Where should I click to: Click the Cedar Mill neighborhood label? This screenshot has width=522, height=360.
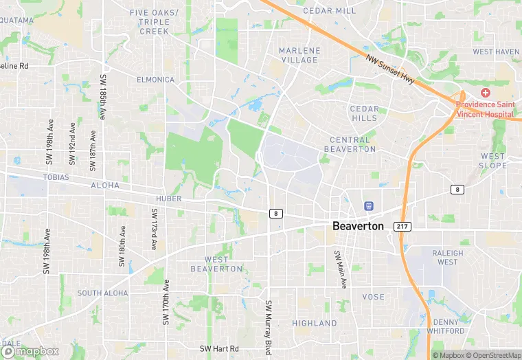(x=330, y=11)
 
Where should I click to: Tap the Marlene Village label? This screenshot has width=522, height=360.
(x=299, y=55)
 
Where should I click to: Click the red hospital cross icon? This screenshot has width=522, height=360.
(x=486, y=93)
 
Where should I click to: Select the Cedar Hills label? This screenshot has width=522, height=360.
(x=364, y=113)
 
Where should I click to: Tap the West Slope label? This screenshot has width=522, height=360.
(x=492, y=161)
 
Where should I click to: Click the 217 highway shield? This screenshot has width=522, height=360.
(x=402, y=226)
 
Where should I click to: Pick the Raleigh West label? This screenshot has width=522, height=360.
(x=447, y=257)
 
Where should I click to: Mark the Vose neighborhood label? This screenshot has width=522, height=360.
(x=373, y=297)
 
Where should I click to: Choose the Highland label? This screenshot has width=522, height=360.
(x=315, y=323)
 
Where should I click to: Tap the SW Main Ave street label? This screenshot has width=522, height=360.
(x=339, y=268)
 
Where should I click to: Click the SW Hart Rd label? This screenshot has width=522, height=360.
(x=219, y=349)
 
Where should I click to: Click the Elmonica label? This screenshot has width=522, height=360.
(x=155, y=80)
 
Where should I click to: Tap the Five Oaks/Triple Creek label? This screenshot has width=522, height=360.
(x=154, y=22)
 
